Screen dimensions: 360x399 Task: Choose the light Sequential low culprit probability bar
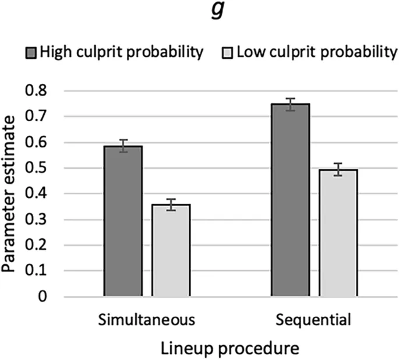click(338, 233)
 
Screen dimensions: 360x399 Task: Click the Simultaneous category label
click(147, 320)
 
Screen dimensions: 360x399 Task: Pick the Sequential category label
click(313, 320)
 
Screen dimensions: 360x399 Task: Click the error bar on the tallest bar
click(289, 104)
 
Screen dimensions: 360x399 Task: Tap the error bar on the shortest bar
click(171, 204)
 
